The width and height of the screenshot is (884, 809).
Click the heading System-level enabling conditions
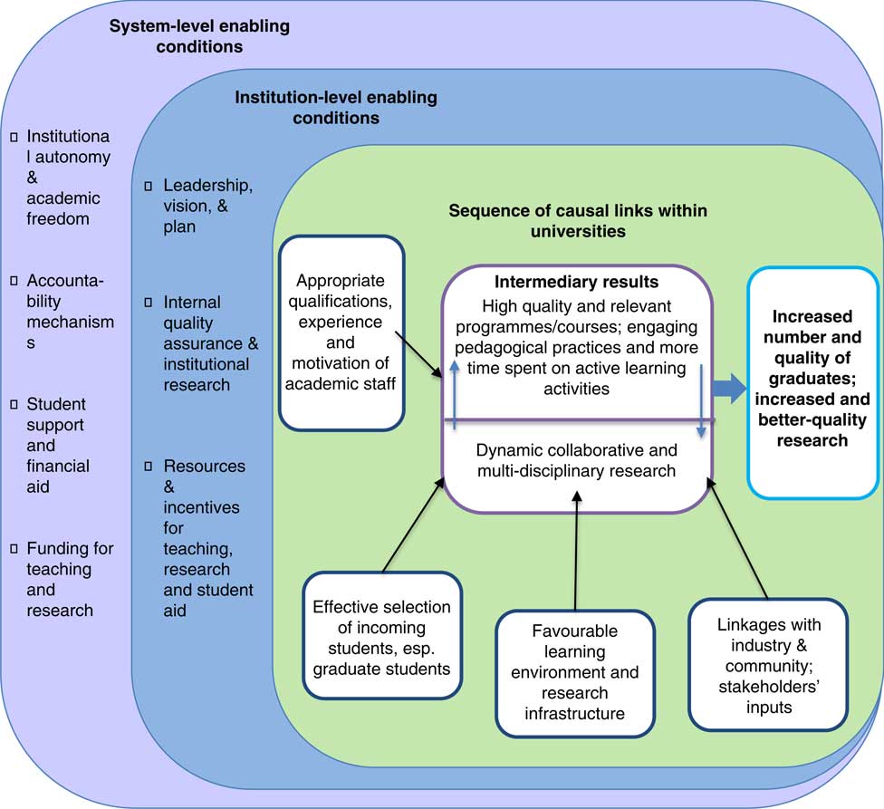pyautogui.click(x=199, y=37)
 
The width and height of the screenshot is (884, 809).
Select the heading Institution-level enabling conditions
pyautogui.click(x=335, y=107)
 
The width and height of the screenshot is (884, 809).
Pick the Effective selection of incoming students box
pyautogui.click(x=382, y=637)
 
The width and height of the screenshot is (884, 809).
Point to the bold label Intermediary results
pyautogui.click(x=577, y=282)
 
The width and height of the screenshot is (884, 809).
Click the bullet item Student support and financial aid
pyautogui.click(x=57, y=446)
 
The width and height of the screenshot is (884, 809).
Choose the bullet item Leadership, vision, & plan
pyautogui.click(x=207, y=206)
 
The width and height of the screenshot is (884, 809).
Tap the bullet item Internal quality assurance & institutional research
pyautogui.click(x=207, y=343)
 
